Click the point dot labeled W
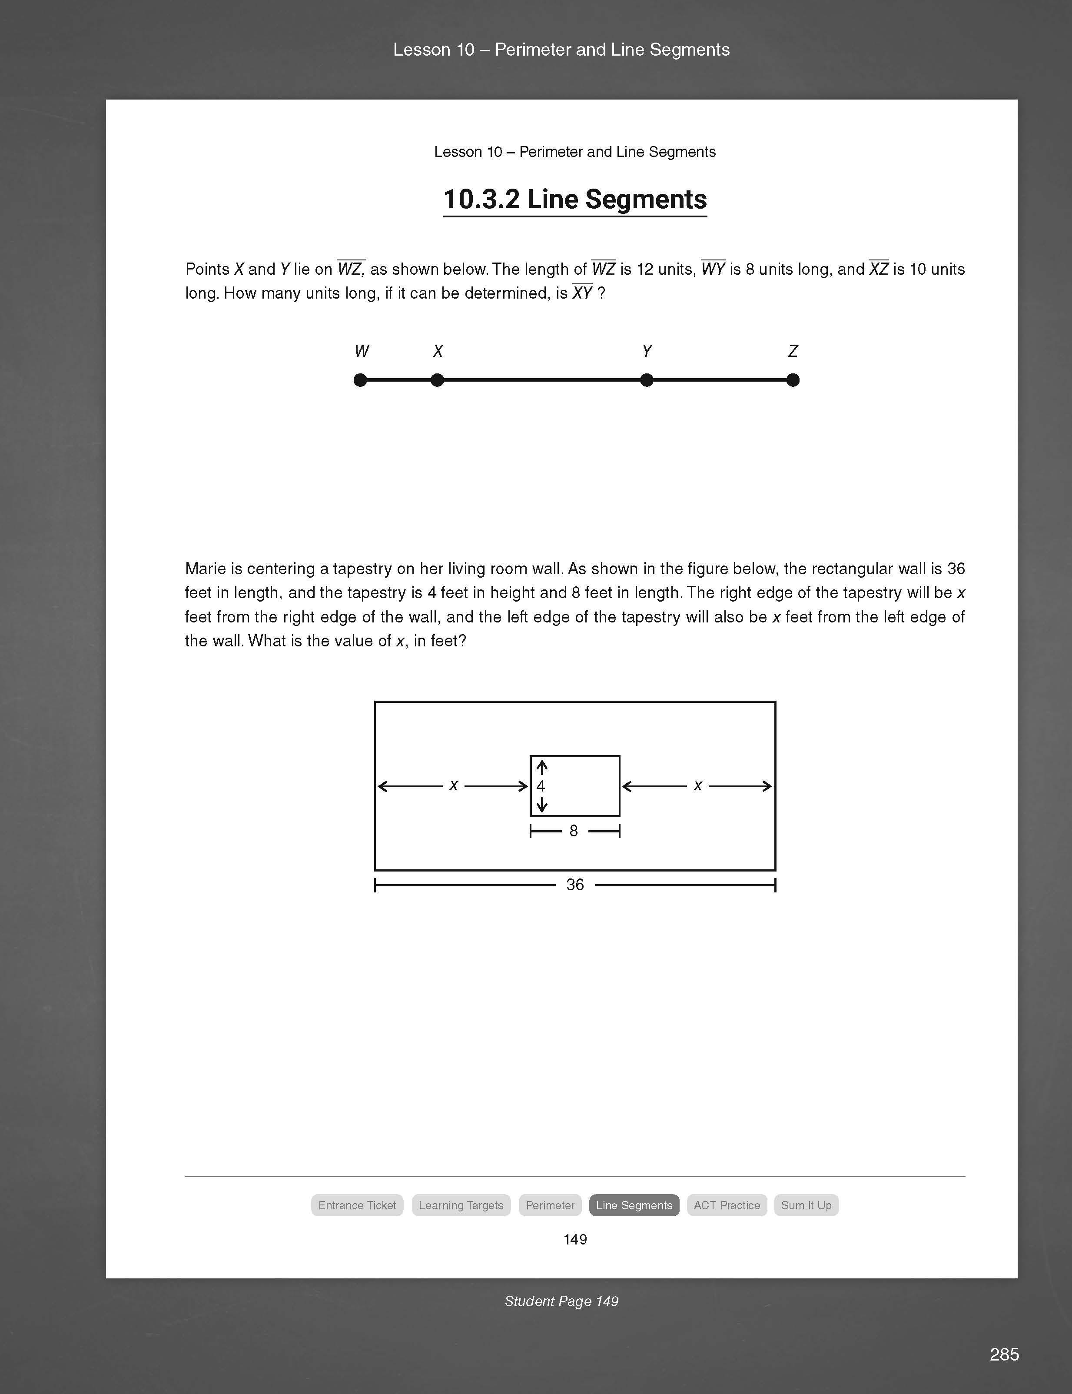[x=360, y=380]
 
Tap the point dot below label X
[x=437, y=380]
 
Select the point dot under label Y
[x=647, y=380]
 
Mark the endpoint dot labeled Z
[x=793, y=380]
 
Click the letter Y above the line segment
[x=647, y=351]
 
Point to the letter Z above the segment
[x=793, y=351]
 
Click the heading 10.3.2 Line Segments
[x=574, y=199]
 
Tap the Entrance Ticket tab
[x=357, y=1205]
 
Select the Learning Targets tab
[x=461, y=1205]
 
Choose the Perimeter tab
[x=550, y=1205]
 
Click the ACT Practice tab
[x=727, y=1205]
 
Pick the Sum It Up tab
[x=806, y=1205]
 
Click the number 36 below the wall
[x=575, y=885]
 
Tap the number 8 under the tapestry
[x=574, y=830]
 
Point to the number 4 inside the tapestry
[x=541, y=786]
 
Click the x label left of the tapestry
[x=454, y=786]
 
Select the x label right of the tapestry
[x=697, y=786]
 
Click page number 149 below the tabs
[x=575, y=1239]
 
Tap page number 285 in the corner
[x=1004, y=1354]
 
